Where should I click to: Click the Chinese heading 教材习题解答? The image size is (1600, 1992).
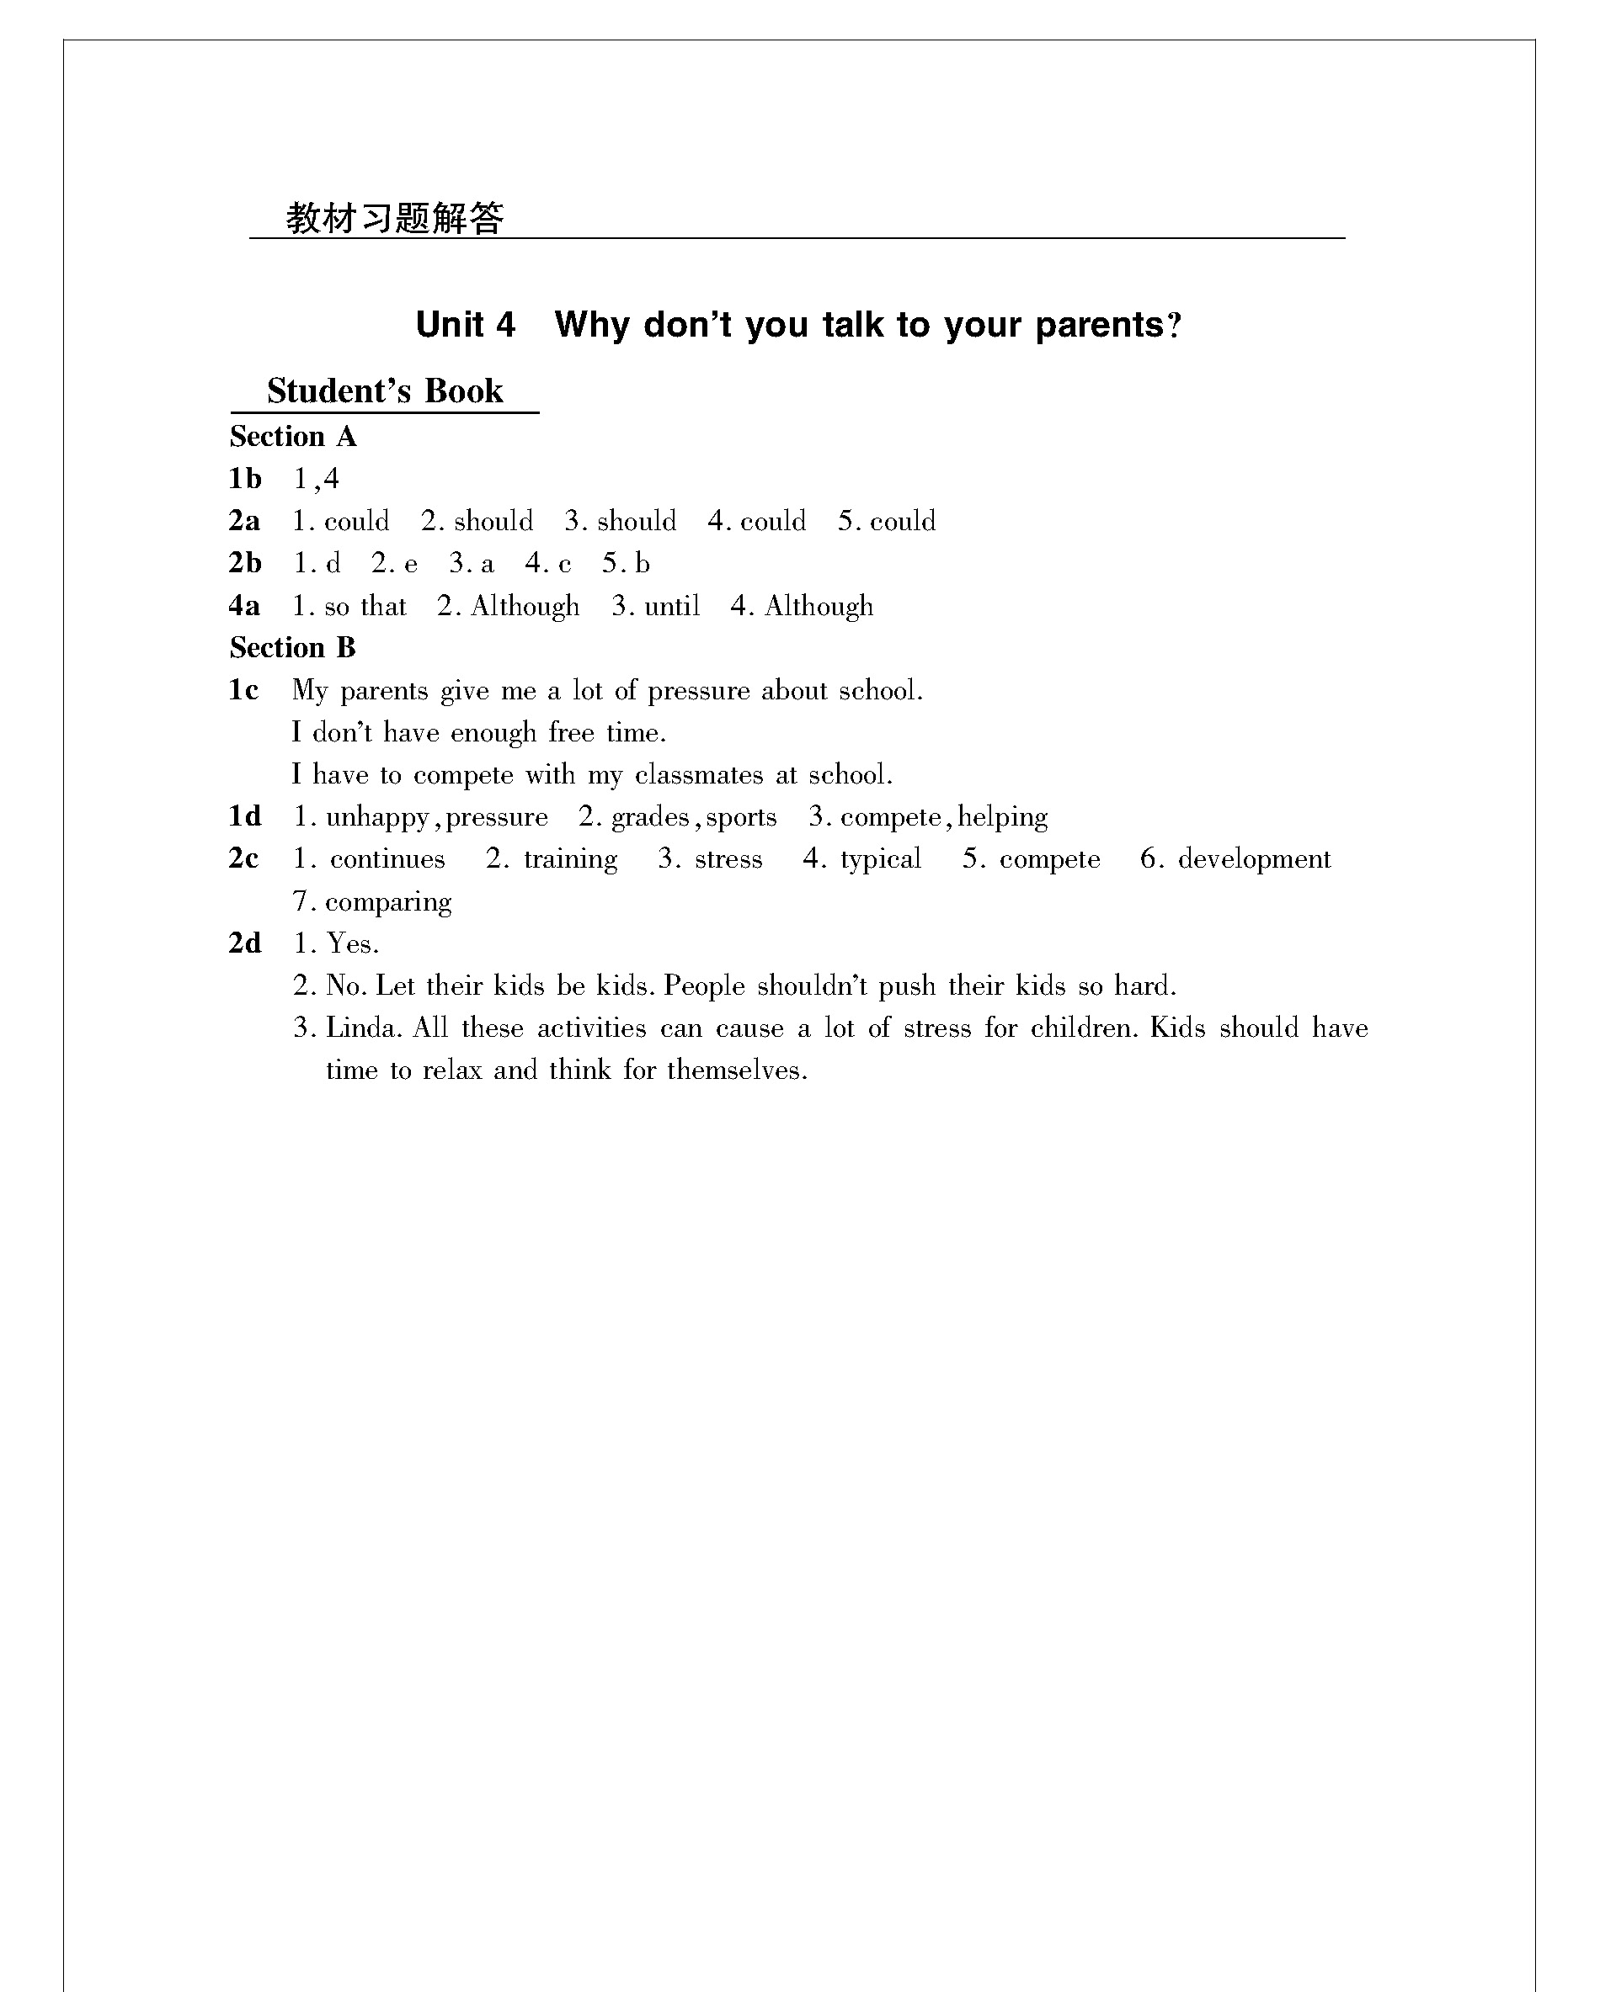click(x=395, y=218)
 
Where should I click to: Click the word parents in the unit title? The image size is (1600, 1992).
click(x=1099, y=325)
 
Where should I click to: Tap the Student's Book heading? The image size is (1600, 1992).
click(x=385, y=390)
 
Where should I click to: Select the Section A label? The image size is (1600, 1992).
click(x=292, y=436)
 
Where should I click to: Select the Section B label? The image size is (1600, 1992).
click(x=292, y=648)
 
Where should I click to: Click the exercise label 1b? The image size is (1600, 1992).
click(x=245, y=479)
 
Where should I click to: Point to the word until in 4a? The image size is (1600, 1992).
click(x=671, y=606)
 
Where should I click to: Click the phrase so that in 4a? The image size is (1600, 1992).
click(x=365, y=606)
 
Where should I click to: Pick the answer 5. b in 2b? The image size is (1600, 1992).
click(x=626, y=564)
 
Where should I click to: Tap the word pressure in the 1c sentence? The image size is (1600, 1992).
click(x=698, y=691)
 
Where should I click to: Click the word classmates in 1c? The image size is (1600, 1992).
click(x=699, y=774)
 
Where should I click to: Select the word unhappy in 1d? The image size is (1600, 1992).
click(x=377, y=818)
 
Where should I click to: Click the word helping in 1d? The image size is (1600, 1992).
click(x=1002, y=817)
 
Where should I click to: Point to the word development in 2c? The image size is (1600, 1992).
click(x=1253, y=859)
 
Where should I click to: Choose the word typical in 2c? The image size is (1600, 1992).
click(x=880, y=859)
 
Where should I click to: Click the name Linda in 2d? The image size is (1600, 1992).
click(x=363, y=1028)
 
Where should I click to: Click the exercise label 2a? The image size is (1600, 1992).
click(x=244, y=521)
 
